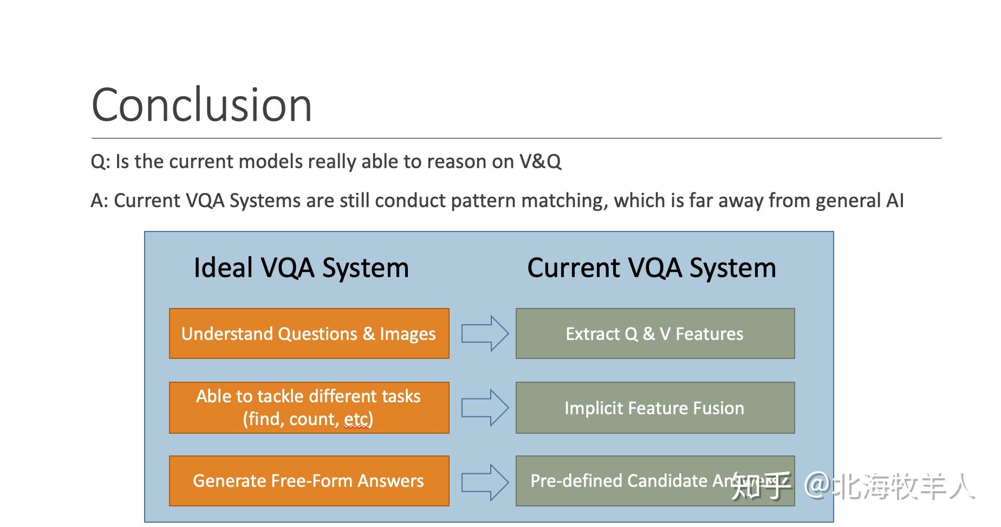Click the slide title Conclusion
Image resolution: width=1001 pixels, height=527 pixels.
click(201, 105)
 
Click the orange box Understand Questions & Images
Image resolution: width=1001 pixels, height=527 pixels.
click(309, 333)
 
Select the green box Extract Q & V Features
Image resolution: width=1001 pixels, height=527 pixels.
click(654, 333)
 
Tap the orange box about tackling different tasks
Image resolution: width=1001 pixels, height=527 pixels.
click(309, 408)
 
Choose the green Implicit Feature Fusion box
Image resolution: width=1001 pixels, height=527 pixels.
click(654, 408)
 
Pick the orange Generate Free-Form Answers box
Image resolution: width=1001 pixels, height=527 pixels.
click(309, 481)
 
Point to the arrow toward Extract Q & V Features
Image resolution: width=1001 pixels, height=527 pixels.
click(484, 333)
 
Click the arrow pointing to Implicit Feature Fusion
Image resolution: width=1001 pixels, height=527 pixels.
click(484, 408)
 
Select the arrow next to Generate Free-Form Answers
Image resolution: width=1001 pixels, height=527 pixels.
click(484, 482)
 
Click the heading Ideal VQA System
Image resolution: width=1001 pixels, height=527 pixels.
click(301, 268)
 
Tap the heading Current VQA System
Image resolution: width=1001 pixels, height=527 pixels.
click(652, 268)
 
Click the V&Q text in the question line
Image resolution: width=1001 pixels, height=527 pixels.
click(540, 162)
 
